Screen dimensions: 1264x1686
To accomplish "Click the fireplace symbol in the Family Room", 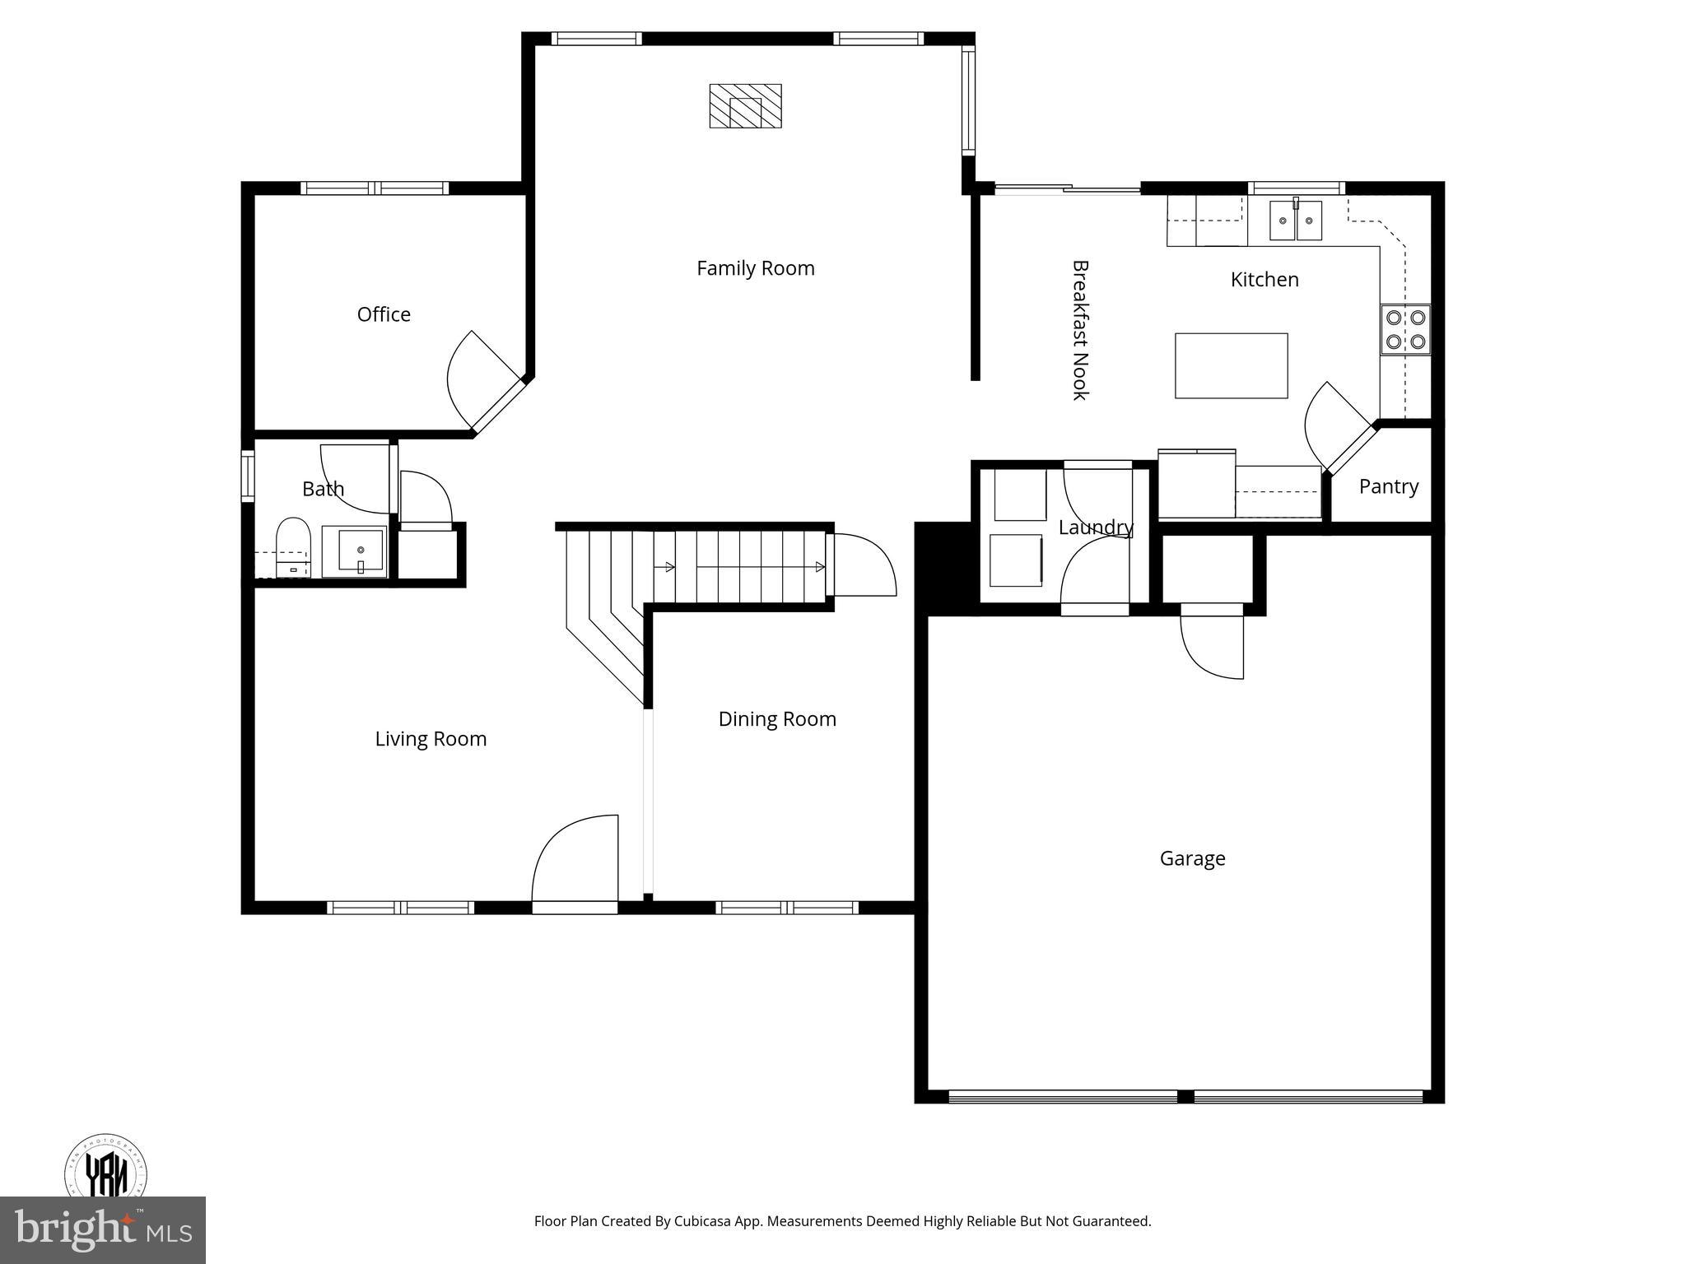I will [745, 106].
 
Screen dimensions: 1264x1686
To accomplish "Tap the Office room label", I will [384, 314].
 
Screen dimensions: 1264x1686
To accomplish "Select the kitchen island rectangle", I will [1231, 366].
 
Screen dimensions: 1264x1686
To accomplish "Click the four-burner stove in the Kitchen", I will [1405, 329].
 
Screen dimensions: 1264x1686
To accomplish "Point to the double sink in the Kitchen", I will [1295, 221].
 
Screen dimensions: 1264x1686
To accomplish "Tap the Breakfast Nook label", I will [1080, 330].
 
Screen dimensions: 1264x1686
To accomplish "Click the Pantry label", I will [1388, 486].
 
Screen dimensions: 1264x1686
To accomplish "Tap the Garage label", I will [1192, 858].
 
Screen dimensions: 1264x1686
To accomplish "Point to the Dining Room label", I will [776, 719].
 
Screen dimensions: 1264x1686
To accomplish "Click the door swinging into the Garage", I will [1212, 646].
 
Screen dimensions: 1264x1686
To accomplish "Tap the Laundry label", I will [1095, 527].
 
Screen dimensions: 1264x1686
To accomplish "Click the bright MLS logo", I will [102, 1229].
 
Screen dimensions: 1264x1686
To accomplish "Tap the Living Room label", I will [431, 739].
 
